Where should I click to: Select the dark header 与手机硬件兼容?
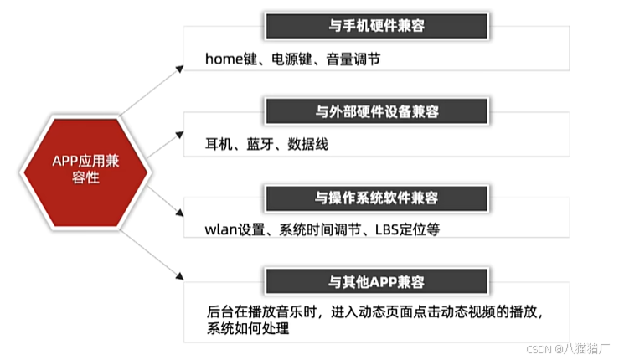pyautogui.click(x=376, y=27)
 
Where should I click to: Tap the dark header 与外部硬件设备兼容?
pyautogui.click(x=376, y=111)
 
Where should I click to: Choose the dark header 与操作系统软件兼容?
pyautogui.click(x=376, y=198)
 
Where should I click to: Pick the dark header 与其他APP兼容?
pyautogui.click(x=376, y=280)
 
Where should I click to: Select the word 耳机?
pyautogui.click(x=218, y=144)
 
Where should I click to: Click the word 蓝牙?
pyautogui.click(x=260, y=144)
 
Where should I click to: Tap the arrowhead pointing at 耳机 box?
pyautogui.click(x=178, y=131)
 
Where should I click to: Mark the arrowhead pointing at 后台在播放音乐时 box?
pyautogui.click(x=179, y=275)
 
